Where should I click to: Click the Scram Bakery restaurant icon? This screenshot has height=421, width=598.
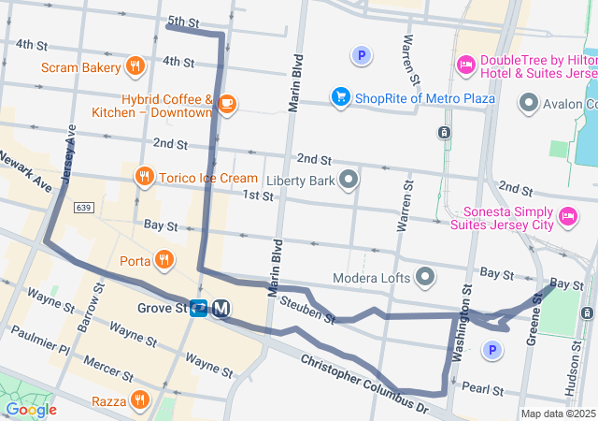pos(135,67)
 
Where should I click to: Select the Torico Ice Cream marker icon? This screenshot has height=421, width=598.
pos(144,176)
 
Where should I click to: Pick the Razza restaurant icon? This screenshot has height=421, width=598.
pos(140,400)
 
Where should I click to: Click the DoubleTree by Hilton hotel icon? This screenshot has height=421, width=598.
pos(465,64)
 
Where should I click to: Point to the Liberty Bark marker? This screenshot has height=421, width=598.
pos(349,179)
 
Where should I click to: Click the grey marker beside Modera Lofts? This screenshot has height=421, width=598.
pos(426,277)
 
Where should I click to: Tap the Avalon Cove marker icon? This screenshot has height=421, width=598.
pos(530,102)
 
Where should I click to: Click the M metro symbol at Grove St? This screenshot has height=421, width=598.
pos(221,308)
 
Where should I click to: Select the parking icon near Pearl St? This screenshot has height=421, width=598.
pos(491,350)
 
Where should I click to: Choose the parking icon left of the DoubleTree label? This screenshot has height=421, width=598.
pos(361,56)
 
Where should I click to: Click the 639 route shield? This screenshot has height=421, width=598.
pos(84,207)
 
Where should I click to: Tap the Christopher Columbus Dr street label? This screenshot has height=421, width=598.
pos(364,384)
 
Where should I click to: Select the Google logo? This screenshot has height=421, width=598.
pos(31,409)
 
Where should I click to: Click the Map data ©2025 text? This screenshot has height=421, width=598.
pos(557,414)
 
